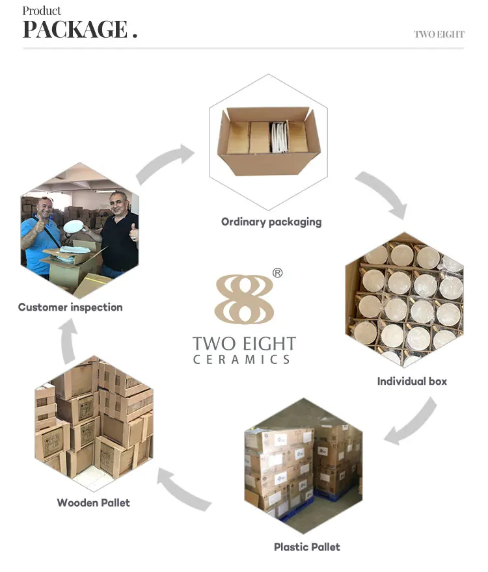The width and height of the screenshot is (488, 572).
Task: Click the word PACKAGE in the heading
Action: (x=74, y=29)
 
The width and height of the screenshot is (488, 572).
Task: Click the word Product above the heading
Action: (x=42, y=10)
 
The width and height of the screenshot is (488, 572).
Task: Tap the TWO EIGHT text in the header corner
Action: (x=439, y=34)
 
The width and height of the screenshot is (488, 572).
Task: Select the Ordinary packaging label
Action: (x=271, y=222)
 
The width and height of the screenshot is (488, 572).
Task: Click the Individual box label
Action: (x=412, y=381)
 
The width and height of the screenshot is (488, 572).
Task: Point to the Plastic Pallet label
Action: (x=307, y=547)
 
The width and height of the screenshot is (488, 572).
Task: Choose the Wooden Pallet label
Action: (x=93, y=502)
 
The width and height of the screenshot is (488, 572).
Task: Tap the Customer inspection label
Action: (x=70, y=307)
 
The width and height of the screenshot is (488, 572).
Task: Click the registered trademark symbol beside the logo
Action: (x=277, y=273)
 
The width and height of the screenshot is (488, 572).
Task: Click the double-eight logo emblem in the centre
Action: (x=244, y=298)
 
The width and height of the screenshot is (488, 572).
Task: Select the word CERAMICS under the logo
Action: (x=241, y=359)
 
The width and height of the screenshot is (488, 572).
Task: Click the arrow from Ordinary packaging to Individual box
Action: (x=383, y=192)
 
